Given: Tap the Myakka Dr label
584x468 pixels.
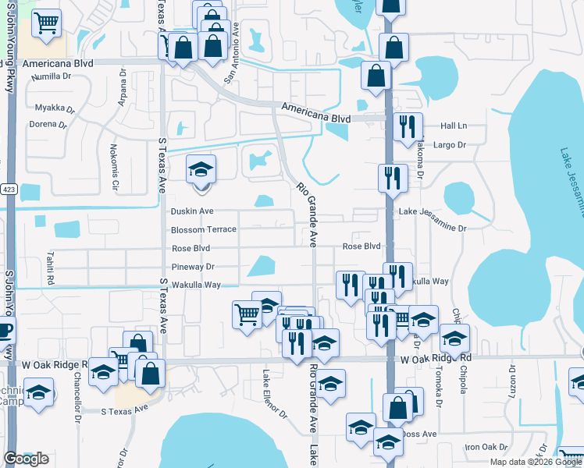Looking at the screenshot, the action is [x=55, y=108].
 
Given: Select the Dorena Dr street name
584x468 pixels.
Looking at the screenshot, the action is [x=48, y=124].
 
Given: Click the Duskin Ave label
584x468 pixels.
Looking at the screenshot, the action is [x=191, y=211].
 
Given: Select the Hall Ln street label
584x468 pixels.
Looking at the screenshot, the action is [x=453, y=126].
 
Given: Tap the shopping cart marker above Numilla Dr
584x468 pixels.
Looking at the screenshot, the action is [x=48, y=23].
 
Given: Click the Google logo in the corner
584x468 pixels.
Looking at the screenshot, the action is [x=26, y=459].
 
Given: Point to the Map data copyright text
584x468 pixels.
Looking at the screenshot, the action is [x=536, y=462].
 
